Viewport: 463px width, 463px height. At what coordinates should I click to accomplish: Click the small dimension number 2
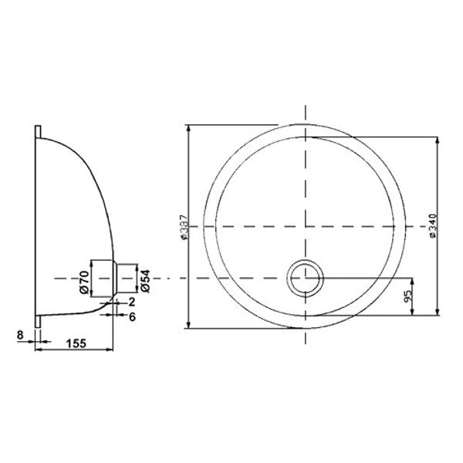[133, 302]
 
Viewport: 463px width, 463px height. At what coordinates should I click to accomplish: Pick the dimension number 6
[133, 316]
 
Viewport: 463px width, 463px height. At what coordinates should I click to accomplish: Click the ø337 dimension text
[183, 227]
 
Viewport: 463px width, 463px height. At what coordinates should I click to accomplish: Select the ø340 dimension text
[434, 227]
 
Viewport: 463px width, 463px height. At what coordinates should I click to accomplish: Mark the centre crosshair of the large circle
[308, 226]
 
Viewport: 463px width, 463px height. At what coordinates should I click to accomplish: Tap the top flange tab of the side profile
[37, 131]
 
